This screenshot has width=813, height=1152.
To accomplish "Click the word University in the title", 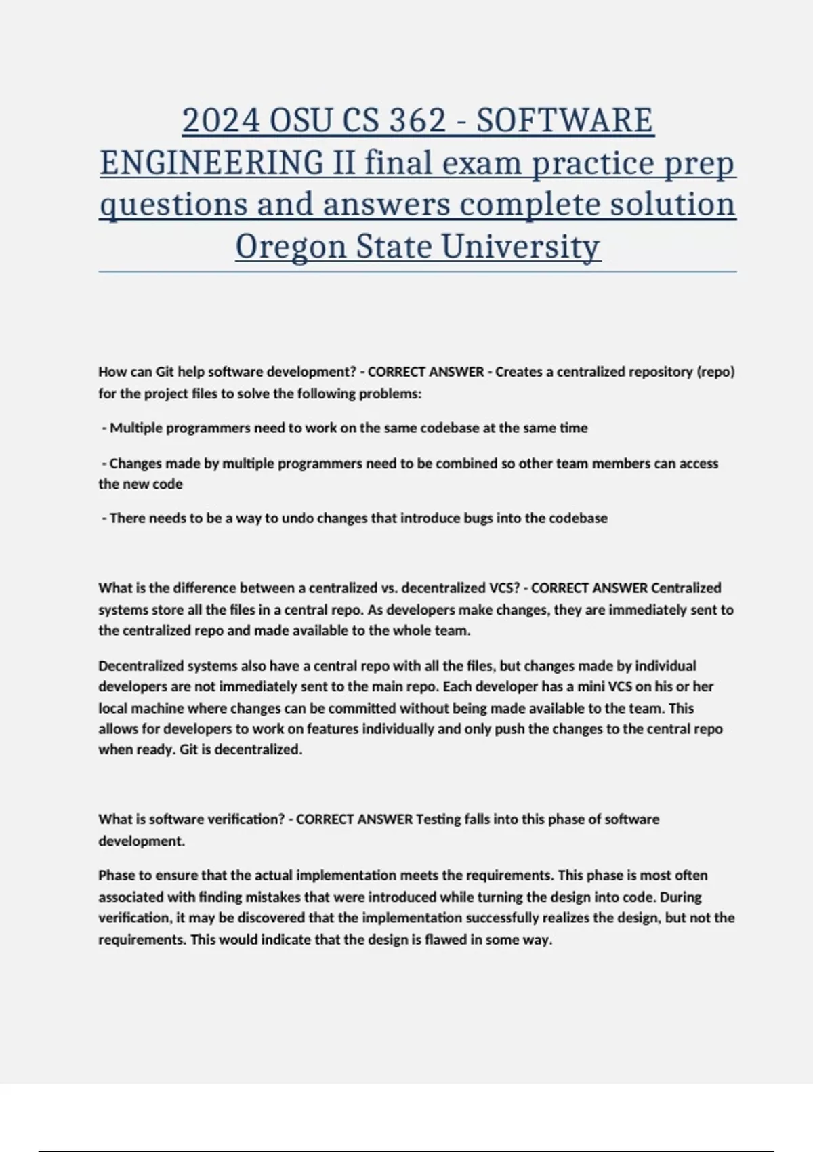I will [521, 246].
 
